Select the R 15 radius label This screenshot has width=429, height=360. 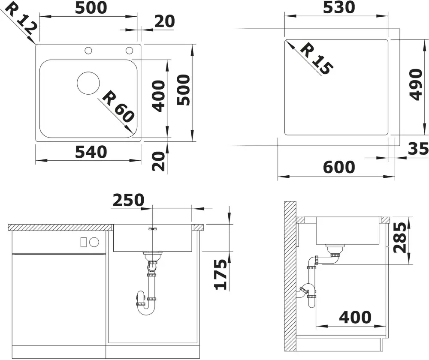coord(317,58)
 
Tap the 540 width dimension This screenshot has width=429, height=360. coord(91,152)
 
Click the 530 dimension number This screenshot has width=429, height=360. coord(339,7)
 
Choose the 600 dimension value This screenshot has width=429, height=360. coord(339,167)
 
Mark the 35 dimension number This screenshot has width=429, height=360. coord(418,149)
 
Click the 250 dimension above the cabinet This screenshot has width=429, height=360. coord(128,200)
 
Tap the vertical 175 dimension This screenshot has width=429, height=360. coord(221,274)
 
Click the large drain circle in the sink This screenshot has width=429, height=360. coord(88,83)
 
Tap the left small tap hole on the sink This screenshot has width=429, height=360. coord(88,51)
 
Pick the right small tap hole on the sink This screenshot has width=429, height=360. coord(129,51)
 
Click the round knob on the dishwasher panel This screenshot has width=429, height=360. coord(94,242)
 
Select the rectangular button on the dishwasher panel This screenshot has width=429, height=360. coord(84,242)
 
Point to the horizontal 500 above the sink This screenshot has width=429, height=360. coord(91,8)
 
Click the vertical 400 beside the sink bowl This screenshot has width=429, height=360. coord(159,96)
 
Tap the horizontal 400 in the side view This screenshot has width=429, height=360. coord(355,318)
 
